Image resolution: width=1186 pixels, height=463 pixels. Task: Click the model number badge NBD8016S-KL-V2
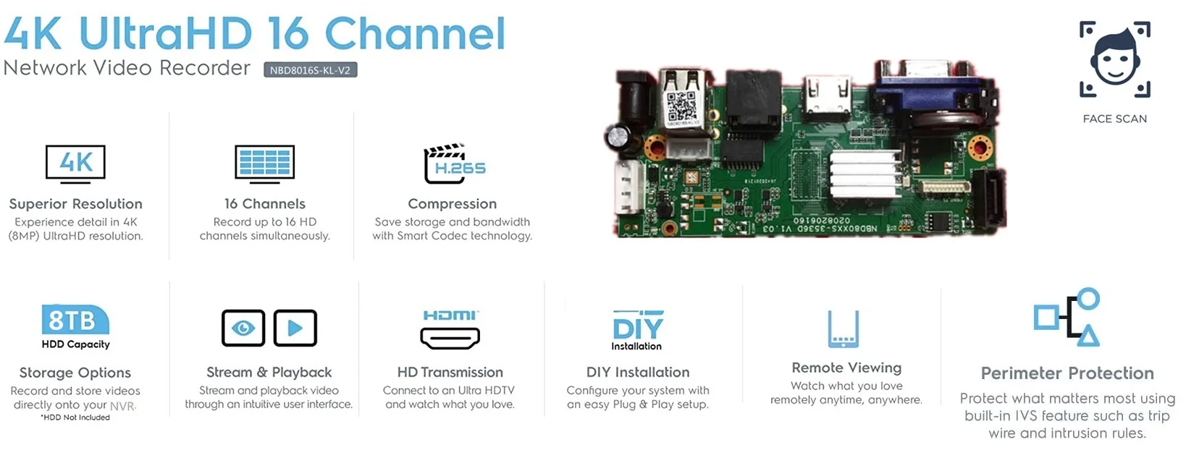tap(310, 70)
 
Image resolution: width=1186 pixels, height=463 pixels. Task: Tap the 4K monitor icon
tap(75, 163)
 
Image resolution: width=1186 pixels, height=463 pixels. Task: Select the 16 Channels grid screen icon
tap(264, 163)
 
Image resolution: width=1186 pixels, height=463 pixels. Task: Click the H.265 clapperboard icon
tap(453, 163)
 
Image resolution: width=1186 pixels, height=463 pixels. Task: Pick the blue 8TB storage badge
tap(75, 320)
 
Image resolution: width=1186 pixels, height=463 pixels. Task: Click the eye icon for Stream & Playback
tap(243, 328)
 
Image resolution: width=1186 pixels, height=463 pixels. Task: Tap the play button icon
tap(295, 328)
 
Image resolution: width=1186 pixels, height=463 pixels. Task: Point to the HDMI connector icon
tap(450, 336)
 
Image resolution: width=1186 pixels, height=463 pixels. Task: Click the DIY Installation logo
tap(637, 329)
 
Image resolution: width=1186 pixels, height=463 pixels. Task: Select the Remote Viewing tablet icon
tap(843, 329)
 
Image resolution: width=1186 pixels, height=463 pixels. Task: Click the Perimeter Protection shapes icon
tap(1067, 318)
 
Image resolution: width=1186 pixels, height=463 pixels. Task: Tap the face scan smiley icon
tap(1114, 59)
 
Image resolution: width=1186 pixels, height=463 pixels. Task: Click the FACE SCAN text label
tap(1114, 119)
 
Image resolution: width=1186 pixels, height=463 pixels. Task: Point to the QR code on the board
tap(681, 107)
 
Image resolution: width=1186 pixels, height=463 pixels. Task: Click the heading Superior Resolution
tap(75, 204)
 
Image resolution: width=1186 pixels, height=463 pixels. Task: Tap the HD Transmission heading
tap(450, 372)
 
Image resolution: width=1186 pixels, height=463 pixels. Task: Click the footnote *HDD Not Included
tap(75, 417)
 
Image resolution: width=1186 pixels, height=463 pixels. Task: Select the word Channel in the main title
tap(415, 34)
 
